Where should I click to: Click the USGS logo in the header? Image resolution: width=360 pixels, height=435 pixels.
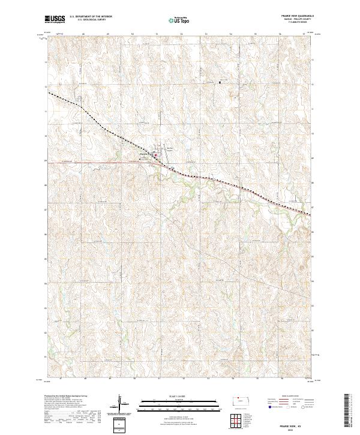click(x=55, y=20)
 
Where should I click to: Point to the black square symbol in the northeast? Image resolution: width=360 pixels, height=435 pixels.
click(x=220, y=82)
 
